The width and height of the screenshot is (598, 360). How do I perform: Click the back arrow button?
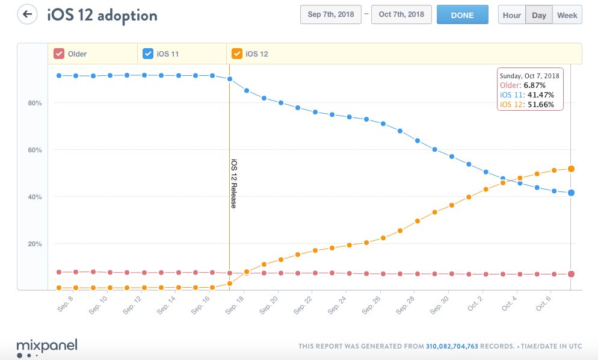click(27, 14)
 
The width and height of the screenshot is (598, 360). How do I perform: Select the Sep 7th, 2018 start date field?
click(330, 15)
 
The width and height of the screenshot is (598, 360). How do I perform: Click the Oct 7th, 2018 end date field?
click(401, 15)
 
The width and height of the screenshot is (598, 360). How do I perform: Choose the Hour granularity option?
click(511, 15)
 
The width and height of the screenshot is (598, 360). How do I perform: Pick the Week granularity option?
click(567, 15)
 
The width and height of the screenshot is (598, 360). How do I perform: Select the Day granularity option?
click(539, 15)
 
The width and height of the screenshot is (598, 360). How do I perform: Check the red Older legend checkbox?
click(59, 54)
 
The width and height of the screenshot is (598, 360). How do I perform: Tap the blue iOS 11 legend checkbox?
click(147, 54)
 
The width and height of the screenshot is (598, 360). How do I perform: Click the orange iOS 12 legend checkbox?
click(236, 54)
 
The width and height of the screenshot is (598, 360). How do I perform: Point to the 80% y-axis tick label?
click(34, 104)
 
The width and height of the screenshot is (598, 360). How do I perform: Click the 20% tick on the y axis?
click(34, 244)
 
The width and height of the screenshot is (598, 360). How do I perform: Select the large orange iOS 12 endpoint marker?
click(571, 169)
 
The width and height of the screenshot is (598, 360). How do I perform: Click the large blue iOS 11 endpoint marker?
click(571, 193)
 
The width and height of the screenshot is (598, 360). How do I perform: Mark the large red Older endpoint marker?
click(571, 274)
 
